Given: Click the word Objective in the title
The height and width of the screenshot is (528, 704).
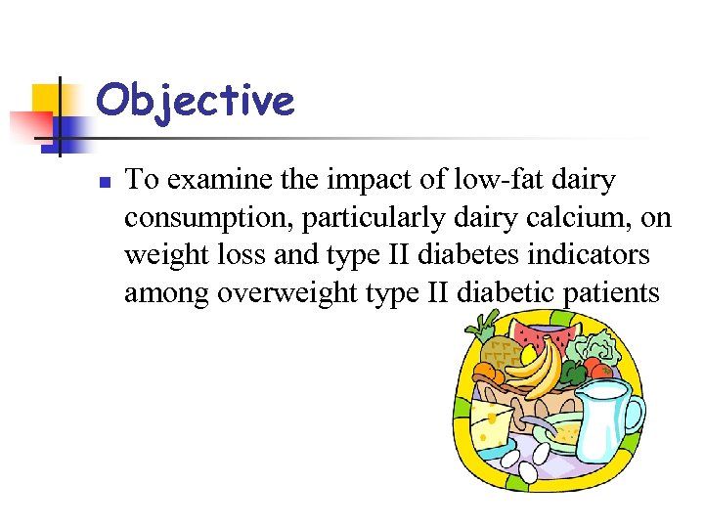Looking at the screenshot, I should [196, 101].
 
